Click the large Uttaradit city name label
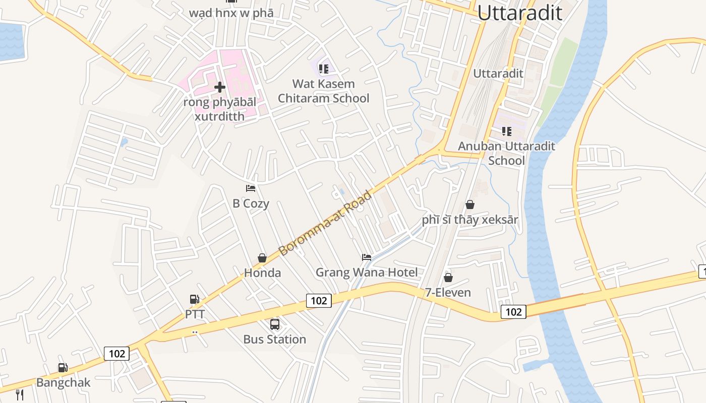coord(519,12)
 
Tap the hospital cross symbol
coord(219,87)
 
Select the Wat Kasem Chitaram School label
coord(323,91)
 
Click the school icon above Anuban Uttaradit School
coord(507,131)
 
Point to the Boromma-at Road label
coord(325,222)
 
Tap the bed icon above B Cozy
coord(251,188)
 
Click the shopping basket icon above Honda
coord(262,258)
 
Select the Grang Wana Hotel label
coord(367,273)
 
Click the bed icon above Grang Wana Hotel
coord(367,257)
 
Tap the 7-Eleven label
coord(448,292)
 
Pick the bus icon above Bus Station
coord(274,324)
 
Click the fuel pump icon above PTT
coord(195,299)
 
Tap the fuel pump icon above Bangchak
coord(63,368)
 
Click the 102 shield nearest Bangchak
coord(116,354)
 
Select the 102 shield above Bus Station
coord(319,301)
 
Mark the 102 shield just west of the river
coord(513,312)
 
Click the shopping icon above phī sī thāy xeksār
coord(469,205)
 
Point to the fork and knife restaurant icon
coord(19,394)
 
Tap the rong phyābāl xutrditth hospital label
coord(219,109)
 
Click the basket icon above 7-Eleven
coord(448,278)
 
